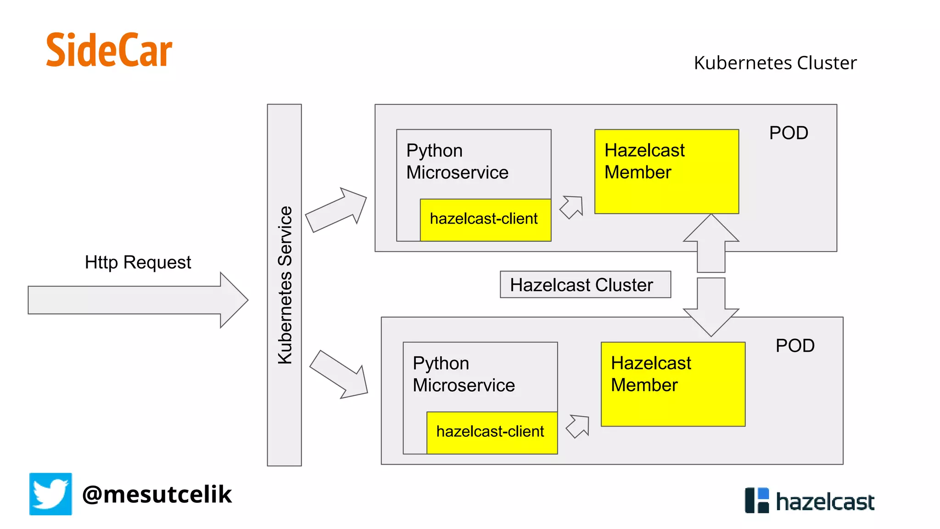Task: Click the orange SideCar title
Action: tap(109, 51)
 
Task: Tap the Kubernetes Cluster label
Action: tap(775, 63)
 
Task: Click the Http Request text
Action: tap(138, 263)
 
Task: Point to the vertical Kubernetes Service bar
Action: tap(284, 285)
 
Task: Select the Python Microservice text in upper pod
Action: tap(457, 162)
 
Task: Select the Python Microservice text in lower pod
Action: tap(464, 374)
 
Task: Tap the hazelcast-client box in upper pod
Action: tap(485, 219)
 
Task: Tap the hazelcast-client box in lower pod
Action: tap(492, 433)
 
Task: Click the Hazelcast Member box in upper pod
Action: tap(666, 171)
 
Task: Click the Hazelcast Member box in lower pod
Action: tap(673, 384)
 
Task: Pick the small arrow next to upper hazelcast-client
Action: tap(572, 207)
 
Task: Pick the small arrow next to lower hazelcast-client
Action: tap(578, 426)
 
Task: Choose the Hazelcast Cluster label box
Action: tap(585, 285)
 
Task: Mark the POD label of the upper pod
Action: tap(789, 133)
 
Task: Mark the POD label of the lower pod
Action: tap(795, 346)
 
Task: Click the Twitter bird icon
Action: tap(50, 494)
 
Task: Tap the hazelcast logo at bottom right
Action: tap(810, 501)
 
